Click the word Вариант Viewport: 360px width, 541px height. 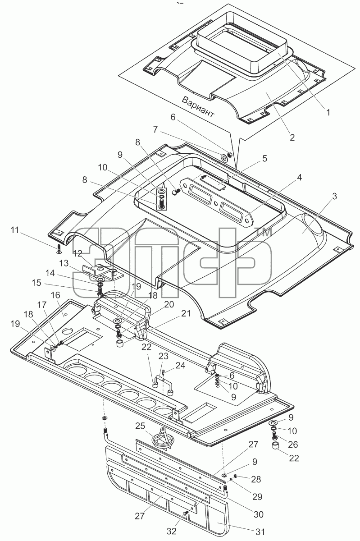(x=198, y=107)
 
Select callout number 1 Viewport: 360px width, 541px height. (x=328, y=112)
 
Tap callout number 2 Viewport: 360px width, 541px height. (x=292, y=138)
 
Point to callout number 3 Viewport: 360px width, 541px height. (x=334, y=196)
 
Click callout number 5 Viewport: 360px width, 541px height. (x=264, y=158)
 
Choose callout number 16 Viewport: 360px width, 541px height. (x=55, y=295)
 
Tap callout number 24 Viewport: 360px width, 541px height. (x=180, y=365)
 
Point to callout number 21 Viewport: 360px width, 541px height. (x=186, y=314)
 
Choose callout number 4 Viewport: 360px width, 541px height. (x=299, y=178)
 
